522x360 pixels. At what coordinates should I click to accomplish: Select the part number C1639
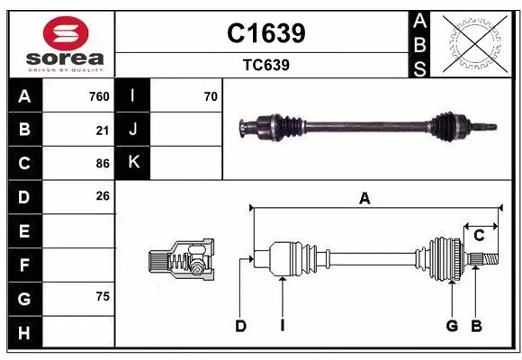pyautogui.click(x=265, y=33)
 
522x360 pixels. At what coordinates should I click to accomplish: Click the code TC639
pyautogui.click(x=265, y=65)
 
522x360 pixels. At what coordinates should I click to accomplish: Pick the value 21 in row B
pyautogui.click(x=103, y=130)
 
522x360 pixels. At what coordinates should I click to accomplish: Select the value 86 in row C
pyautogui.click(x=103, y=164)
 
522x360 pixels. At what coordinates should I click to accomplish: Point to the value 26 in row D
pyautogui.click(x=103, y=195)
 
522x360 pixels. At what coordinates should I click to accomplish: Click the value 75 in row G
pyautogui.click(x=103, y=296)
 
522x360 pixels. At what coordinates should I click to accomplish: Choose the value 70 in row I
pyautogui.click(x=211, y=96)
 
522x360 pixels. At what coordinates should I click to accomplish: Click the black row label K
pyautogui.click(x=133, y=163)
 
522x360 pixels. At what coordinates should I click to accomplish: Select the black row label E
pyautogui.click(x=24, y=231)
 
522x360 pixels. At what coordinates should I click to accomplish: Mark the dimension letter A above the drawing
pyautogui.click(x=364, y=199)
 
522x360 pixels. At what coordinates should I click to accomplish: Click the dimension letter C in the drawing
pyautogui.click(x=480, y=235)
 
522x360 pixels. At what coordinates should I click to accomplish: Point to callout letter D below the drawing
pyautogui.click(x=240, y=326)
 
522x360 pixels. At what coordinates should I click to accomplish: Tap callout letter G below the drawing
pyautogui.click(x=452, y=326)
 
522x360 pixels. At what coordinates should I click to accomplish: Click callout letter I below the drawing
pyautogui.click(x=282, y=326)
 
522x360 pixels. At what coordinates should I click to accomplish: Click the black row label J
pyautogui.click(x=133, y=130)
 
